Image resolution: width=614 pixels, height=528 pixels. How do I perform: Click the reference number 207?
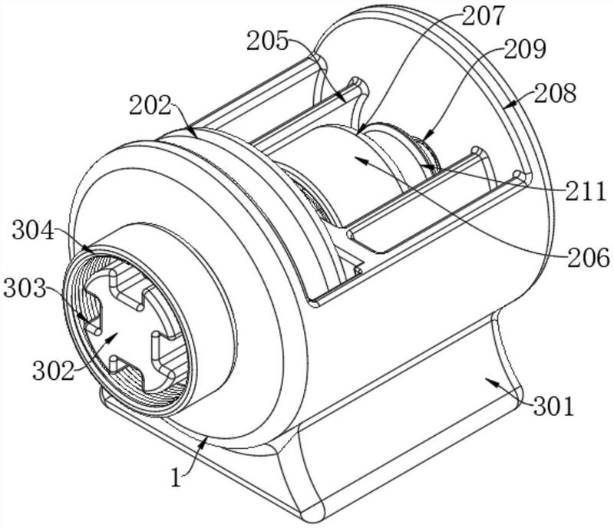483,16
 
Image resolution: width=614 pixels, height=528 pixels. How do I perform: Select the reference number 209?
525,49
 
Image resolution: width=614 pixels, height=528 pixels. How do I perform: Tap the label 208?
555,93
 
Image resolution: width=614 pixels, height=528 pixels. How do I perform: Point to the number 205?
267,41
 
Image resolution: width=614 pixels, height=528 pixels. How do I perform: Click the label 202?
150,105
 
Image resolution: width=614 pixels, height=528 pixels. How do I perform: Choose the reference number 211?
585,192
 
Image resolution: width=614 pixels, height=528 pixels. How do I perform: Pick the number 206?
589,258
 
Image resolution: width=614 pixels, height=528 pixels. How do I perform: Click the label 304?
33,230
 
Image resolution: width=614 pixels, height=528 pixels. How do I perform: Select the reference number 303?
25,289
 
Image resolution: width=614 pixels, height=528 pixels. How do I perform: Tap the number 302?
53,371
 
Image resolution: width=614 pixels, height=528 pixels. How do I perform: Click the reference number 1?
177,478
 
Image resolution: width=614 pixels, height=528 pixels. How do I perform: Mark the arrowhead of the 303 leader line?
81,316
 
